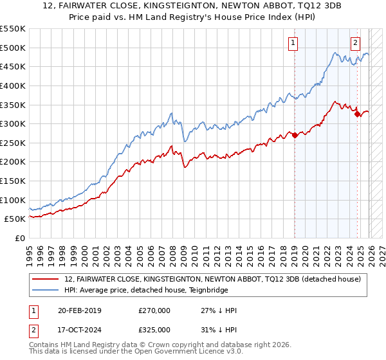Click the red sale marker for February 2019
tap(295, 135)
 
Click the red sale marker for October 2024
tap(357, 114)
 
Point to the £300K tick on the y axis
tap(14, 123)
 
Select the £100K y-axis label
tap(14, 200)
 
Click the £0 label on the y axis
tap(20, 238)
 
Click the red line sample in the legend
tap(46, 279)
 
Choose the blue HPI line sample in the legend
tap(46, 290)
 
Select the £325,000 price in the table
tap(154, 329)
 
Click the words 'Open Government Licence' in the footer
tap(174, 353)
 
